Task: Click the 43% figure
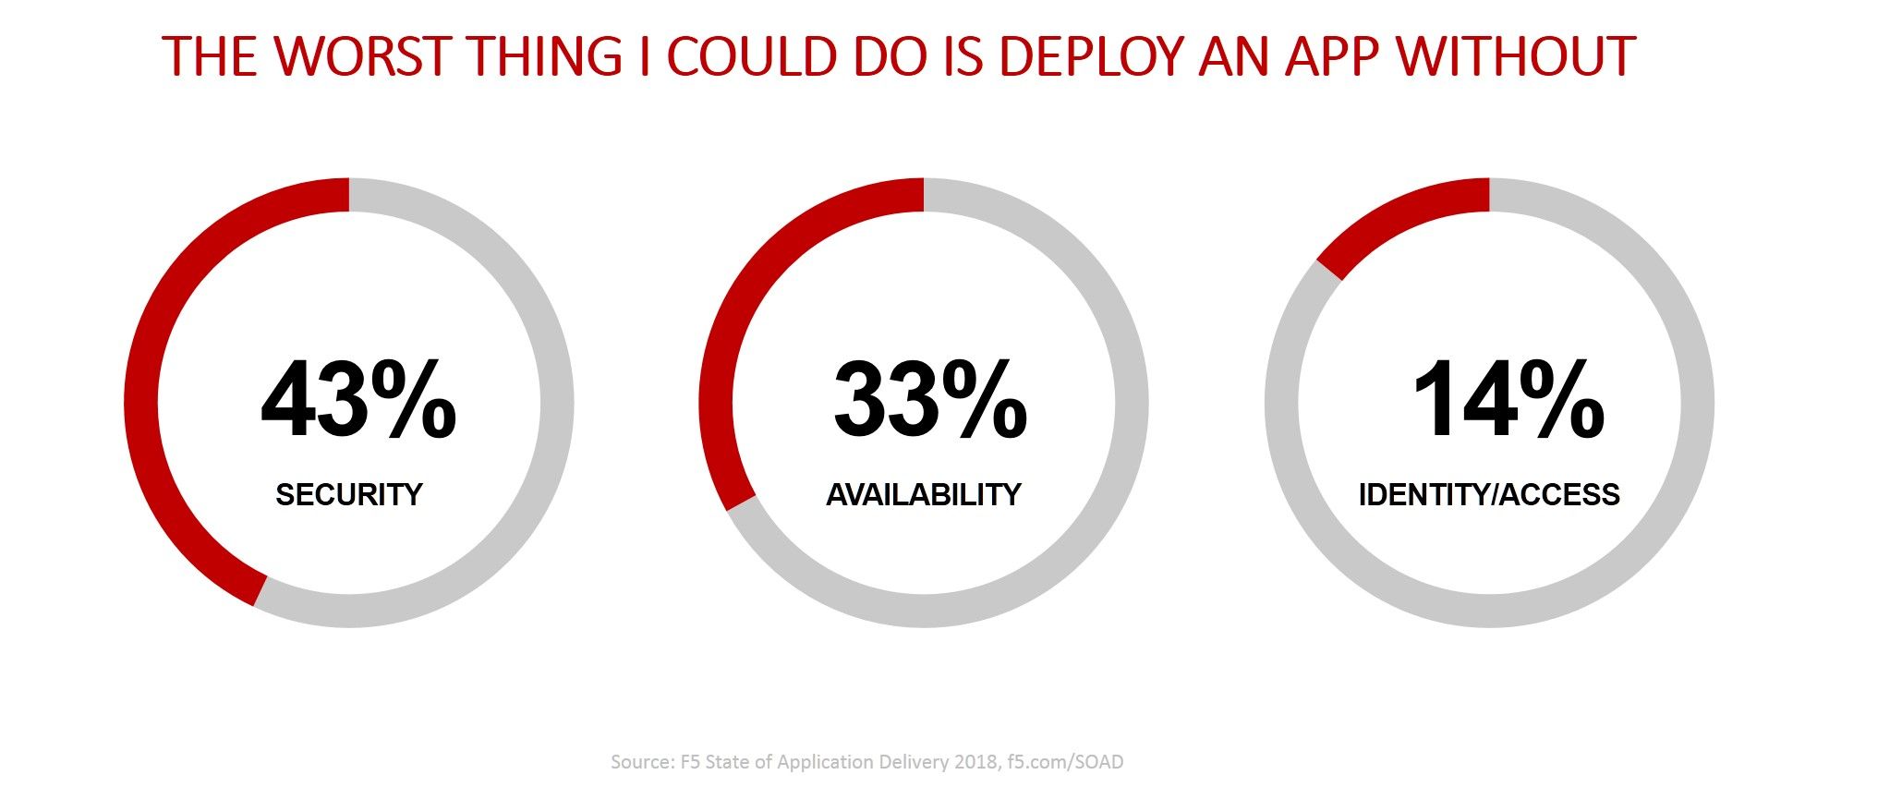358,401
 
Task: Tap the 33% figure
930,401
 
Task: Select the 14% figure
1508,401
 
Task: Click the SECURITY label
349,495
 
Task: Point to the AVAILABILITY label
924,495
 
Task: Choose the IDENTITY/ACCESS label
1489,495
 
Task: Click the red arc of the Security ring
141,403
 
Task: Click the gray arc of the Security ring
557,403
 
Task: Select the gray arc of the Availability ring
1132,403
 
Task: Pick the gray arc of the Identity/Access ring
1697,403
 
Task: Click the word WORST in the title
362,56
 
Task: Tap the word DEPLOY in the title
1090,56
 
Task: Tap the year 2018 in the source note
975,762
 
